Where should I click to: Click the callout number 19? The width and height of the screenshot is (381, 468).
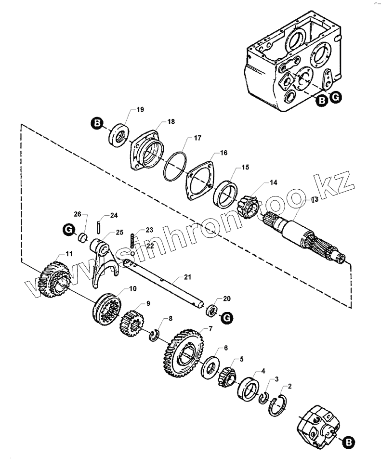pyautogui.click(x=140, y=110)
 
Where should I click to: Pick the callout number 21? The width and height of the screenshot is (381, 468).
pyautogui.click(x=187, y=277)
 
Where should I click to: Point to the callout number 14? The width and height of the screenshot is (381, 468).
pyautogui.click(x=273, y=182)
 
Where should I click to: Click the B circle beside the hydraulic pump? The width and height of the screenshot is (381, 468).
pyautogui.click(x=349, y=441)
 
